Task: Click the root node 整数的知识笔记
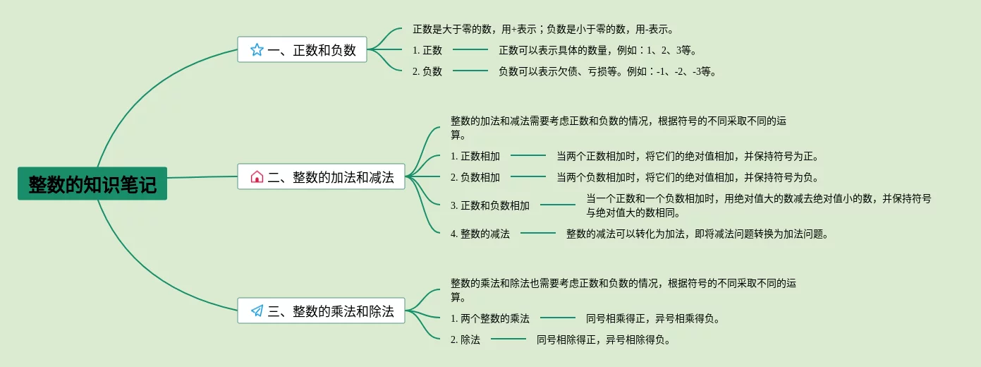[92, 183]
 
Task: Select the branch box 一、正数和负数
[302, 49]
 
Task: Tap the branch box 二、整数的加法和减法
[321, 176]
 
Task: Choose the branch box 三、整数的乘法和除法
[321, 311]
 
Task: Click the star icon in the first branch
[257, 49]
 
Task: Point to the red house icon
[257, 176]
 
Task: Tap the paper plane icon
[257, 311]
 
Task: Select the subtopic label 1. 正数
[427, 50]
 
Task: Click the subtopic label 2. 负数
[427, 71]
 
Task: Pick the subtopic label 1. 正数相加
[475, 156]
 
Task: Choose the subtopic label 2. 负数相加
[475, 177]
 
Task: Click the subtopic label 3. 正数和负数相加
[490, 205]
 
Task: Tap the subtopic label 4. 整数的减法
[480, 234]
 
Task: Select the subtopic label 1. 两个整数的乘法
[490, 318]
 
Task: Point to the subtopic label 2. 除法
[465, 339]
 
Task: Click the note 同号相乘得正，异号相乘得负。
[654, 318]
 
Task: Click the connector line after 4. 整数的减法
[538, 233]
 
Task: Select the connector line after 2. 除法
[508, 339]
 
